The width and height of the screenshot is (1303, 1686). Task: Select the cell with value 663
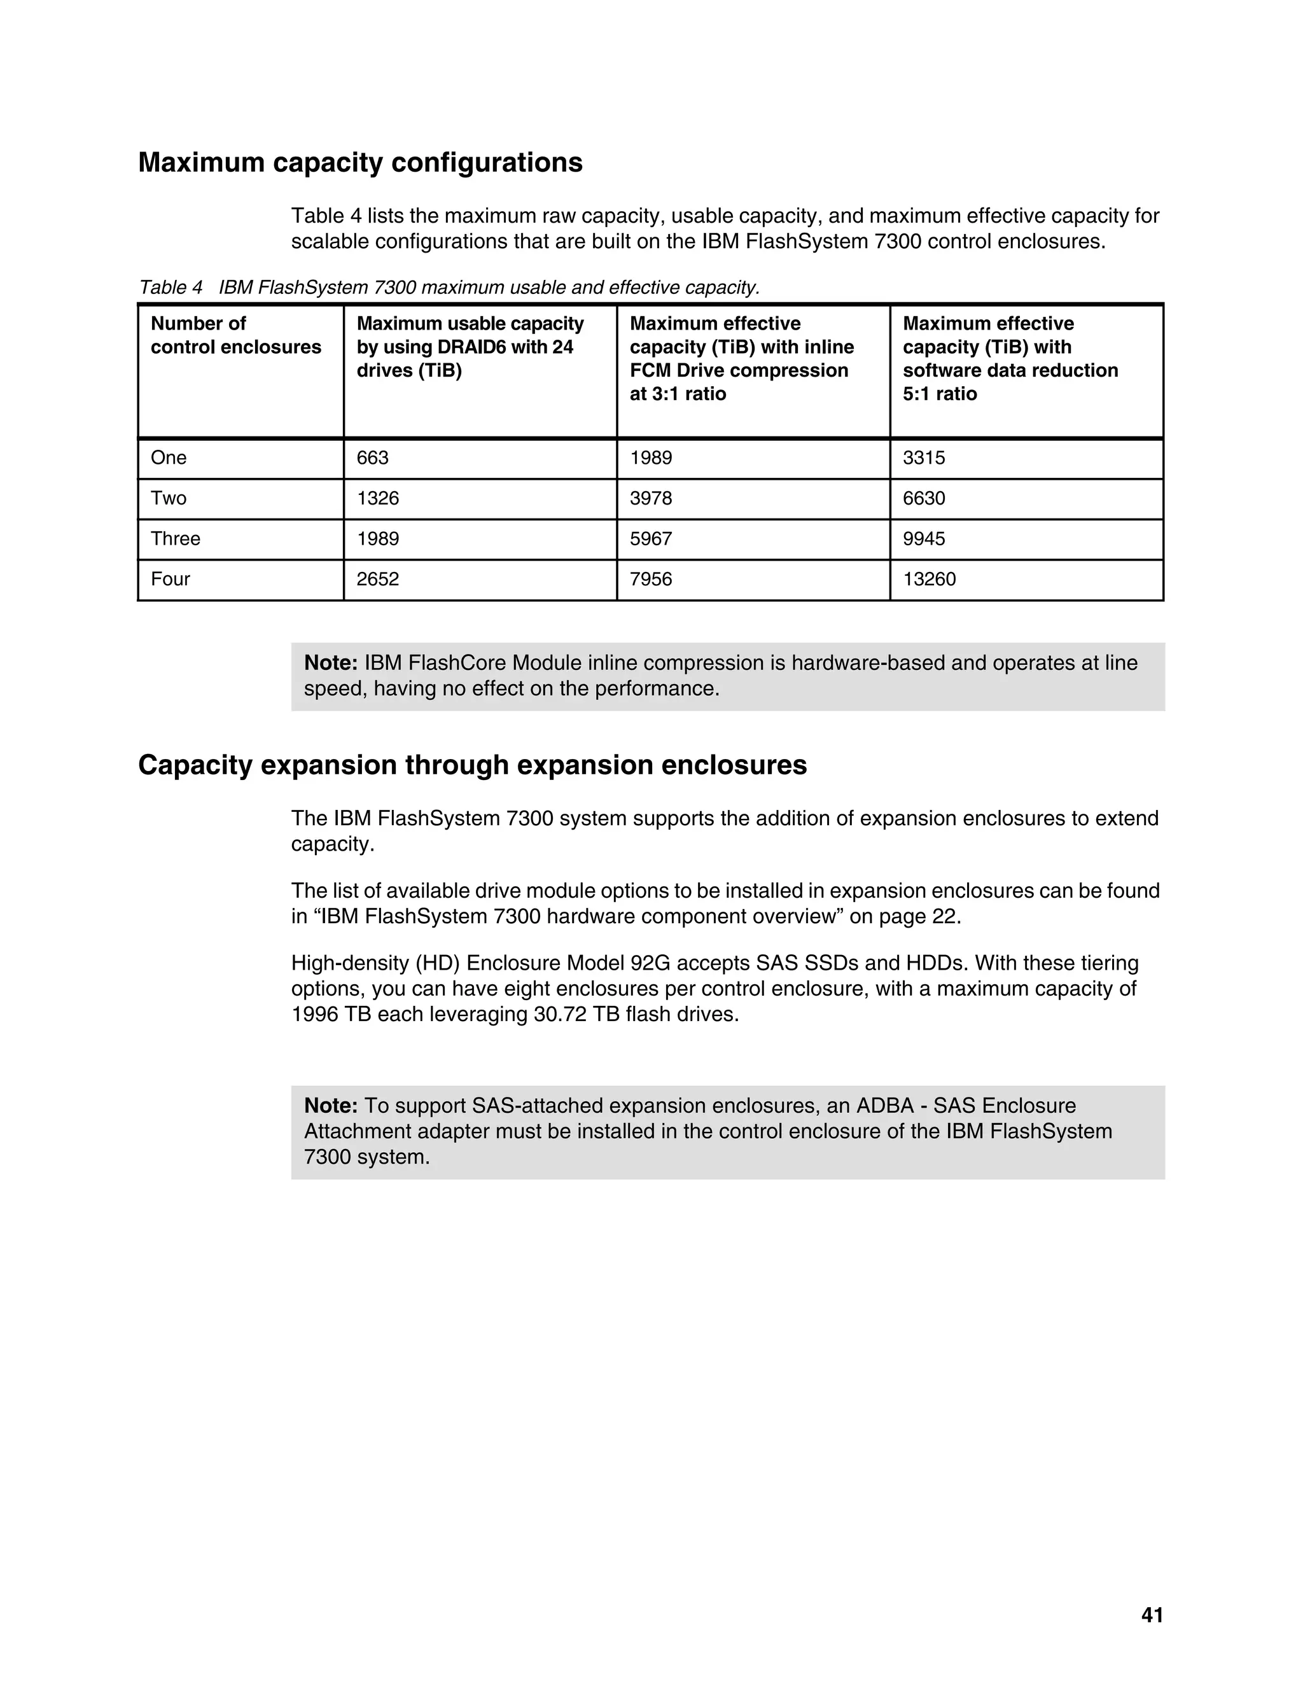373,458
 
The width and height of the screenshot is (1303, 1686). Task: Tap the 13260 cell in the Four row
929,579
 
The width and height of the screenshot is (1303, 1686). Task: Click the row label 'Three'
175,539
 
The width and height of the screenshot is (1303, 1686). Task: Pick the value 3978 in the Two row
651,498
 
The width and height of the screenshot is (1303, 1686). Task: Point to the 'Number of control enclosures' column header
235,335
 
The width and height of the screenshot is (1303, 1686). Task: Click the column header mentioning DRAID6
470,347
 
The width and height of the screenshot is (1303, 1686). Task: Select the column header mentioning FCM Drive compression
741,358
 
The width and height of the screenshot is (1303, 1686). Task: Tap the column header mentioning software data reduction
1010,358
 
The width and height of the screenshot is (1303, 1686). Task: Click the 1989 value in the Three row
377,539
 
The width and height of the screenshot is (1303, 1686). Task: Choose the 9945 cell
923,539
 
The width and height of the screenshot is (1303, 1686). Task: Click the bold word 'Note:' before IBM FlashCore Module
330,662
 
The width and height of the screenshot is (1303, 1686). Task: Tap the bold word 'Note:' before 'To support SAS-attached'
330,1106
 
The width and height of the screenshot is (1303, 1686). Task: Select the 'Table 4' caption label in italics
170,288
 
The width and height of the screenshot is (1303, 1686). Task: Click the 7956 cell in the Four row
651,579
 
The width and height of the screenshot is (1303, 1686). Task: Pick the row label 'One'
168,458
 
